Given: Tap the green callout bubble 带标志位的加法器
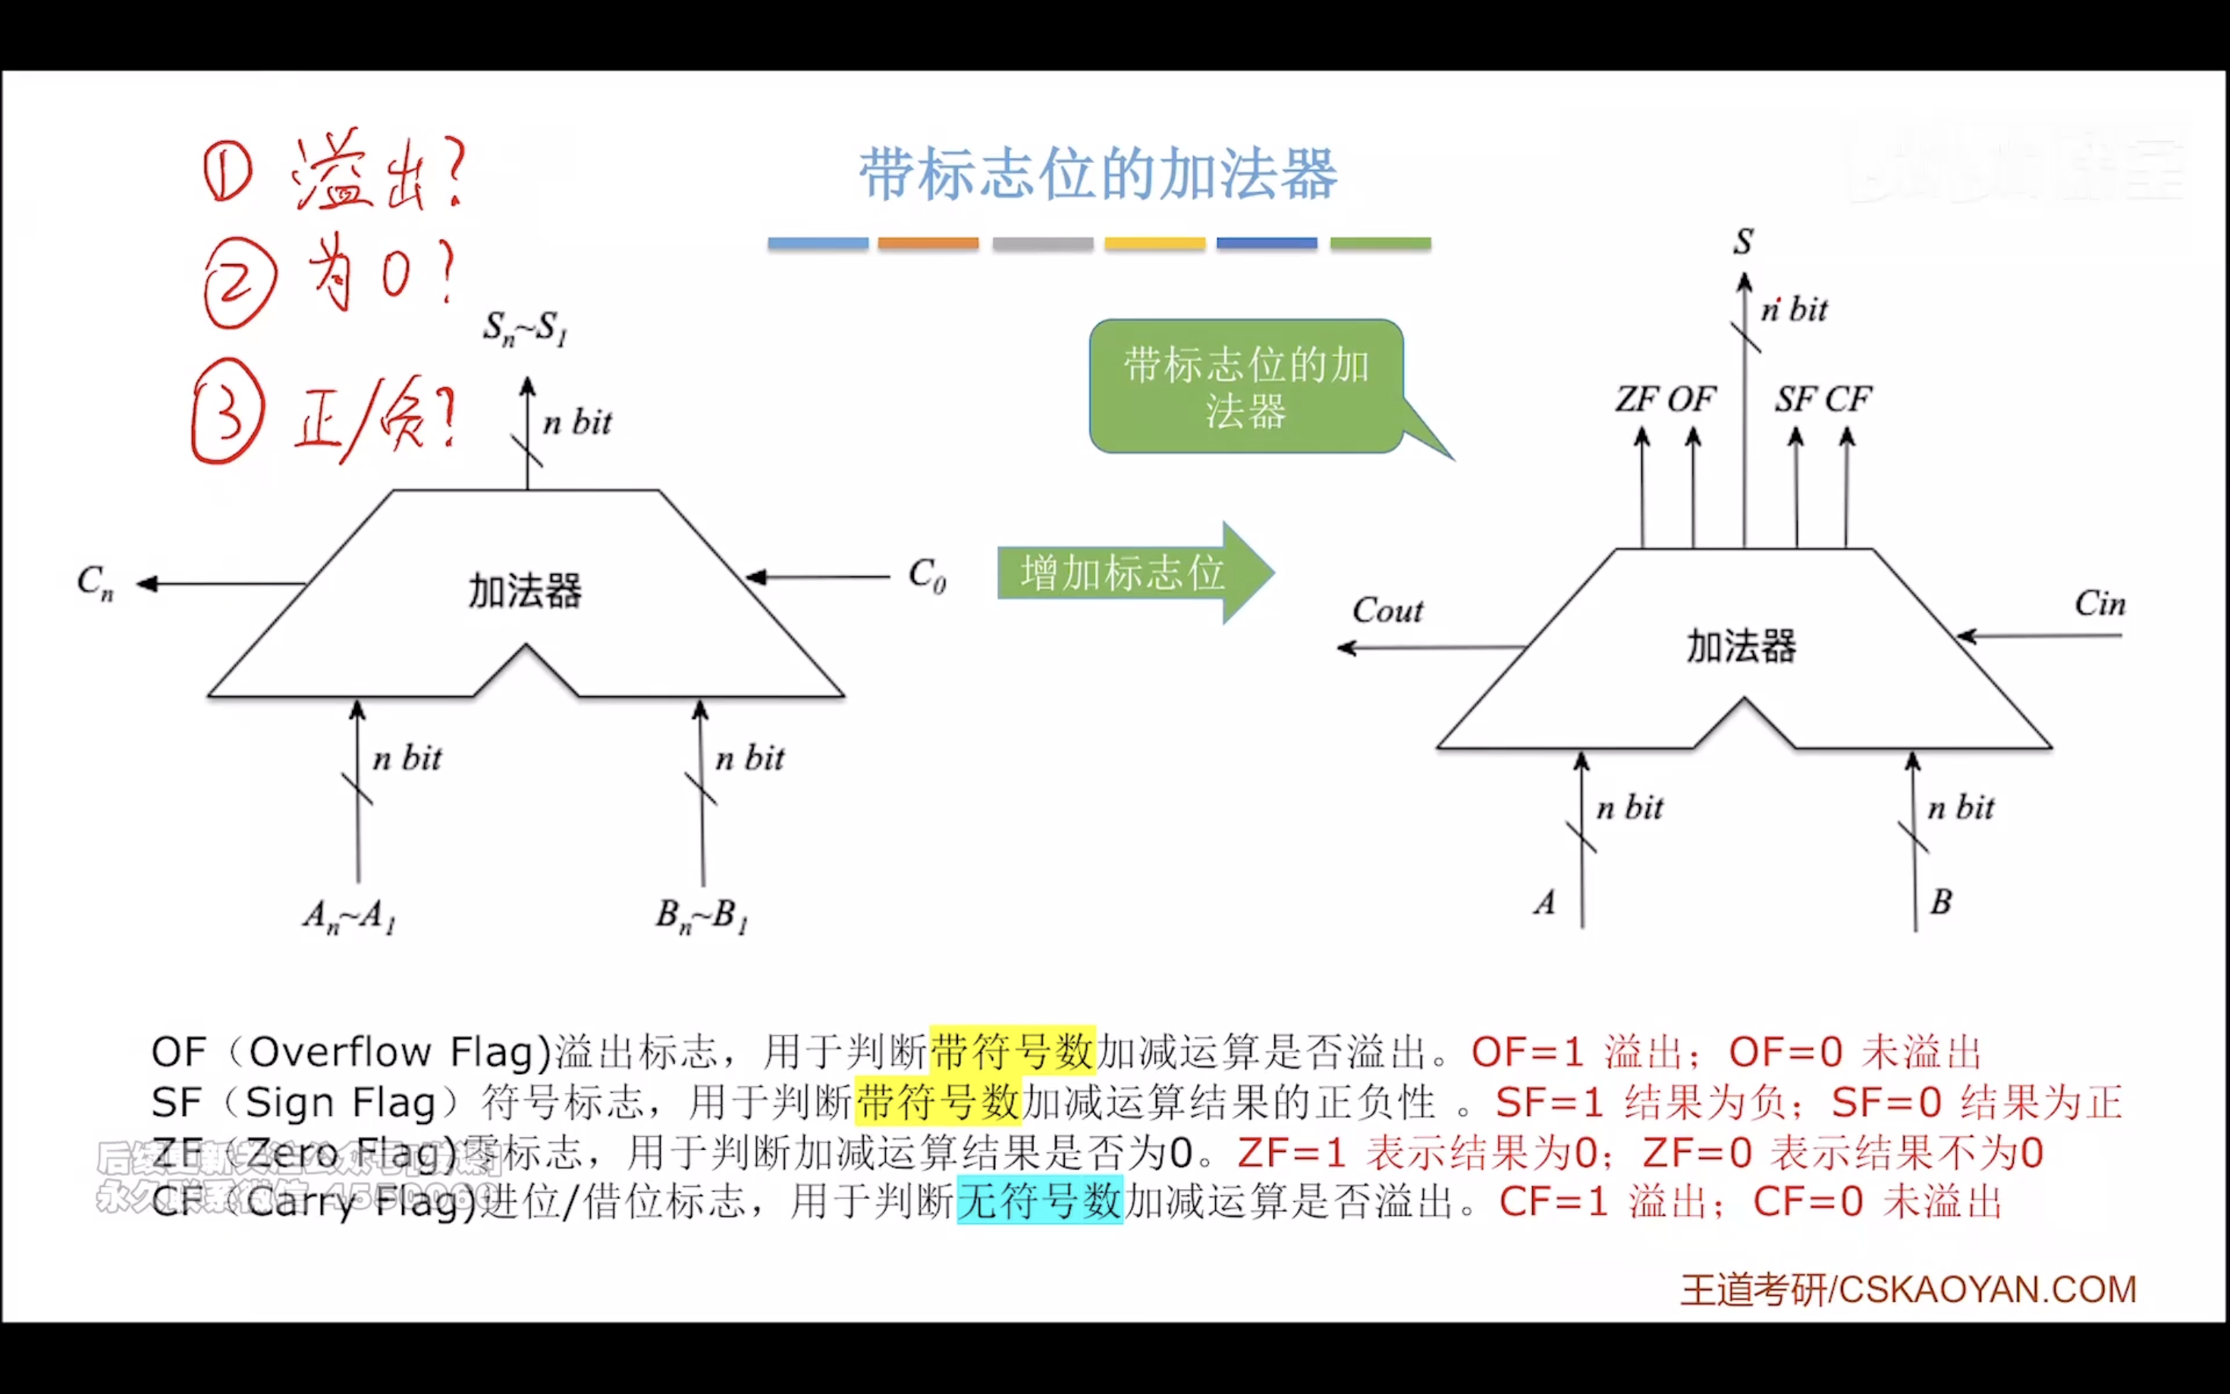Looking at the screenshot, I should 1245,388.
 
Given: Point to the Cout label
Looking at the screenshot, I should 1387,611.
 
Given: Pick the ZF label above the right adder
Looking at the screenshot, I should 1636,399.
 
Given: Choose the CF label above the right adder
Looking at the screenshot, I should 1848,399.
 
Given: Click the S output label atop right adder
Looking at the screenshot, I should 1742,241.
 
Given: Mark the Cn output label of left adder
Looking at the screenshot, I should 95,582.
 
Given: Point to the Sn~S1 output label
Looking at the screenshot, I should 526,328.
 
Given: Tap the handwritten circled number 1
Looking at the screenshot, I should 227,171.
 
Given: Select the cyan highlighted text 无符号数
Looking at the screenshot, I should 1040,1201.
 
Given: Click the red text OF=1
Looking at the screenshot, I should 1528,1052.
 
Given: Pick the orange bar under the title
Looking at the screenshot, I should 928,243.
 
